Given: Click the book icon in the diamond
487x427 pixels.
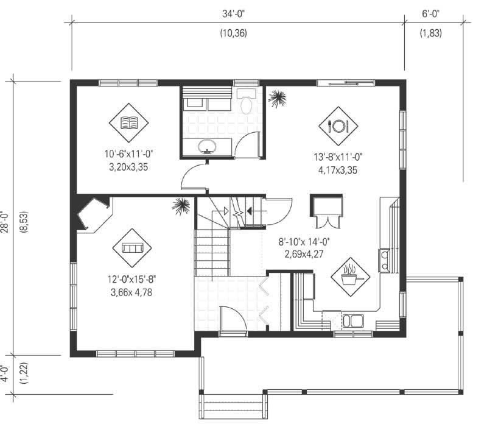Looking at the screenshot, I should [129, 124].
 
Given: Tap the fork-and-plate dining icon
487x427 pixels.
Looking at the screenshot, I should [337, 126].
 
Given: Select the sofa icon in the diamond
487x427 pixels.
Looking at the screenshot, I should [131, 248].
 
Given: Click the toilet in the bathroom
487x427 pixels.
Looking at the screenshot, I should [247, 102].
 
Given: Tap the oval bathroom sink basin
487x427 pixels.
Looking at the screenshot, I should [208, 146].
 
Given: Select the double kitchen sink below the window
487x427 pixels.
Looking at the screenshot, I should [353, 320].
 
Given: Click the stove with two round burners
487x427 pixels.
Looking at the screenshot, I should [385, 261].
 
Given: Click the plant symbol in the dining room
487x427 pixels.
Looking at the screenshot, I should [278, 99].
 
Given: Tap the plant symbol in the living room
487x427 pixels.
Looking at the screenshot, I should [181, 207].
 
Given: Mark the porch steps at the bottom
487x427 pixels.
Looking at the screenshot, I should [233, 406].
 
